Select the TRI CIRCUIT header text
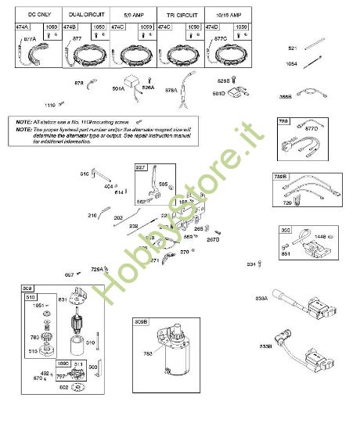[x=182, y=14]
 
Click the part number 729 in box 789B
[x=289, y=202]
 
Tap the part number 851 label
[x=286, y=253]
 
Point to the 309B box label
[x=141, y=322]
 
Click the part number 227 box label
[x=141, y=167]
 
